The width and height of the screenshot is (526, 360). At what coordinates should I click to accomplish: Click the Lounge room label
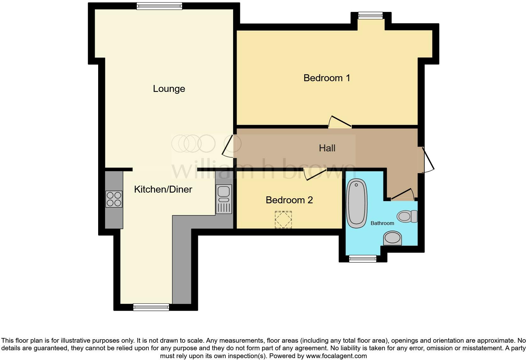(169, 89)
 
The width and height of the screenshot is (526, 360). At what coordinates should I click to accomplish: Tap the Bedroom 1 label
(327, 78)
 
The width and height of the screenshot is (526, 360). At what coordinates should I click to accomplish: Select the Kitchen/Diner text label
(163, 189)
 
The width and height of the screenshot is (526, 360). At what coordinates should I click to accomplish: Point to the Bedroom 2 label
(289, 200)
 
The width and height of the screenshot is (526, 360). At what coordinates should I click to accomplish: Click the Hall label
(327, 148)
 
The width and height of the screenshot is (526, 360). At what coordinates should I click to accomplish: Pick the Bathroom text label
(382, 223)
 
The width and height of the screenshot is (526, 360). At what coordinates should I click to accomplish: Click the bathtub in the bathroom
(357, 203)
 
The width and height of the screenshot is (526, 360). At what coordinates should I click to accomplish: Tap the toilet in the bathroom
(407, 216)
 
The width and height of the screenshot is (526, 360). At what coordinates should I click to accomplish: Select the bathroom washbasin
(393, 238)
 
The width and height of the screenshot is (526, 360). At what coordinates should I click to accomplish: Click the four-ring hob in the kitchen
(114, 199)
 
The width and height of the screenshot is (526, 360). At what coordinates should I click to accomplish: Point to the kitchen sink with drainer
(224, 199)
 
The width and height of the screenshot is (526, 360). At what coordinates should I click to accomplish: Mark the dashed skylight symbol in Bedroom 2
(283, 219)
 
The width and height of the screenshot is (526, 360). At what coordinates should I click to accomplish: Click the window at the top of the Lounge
(159, 6)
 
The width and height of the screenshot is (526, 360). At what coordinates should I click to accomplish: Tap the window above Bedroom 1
(371, 15)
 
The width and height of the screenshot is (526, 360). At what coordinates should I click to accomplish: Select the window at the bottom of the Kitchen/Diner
(151, 307)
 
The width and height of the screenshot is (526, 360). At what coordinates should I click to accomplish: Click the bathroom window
(363, 259)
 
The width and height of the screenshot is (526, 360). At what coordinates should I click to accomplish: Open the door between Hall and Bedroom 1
(340, 123)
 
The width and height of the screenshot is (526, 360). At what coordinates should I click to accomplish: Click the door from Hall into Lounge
(228, 146)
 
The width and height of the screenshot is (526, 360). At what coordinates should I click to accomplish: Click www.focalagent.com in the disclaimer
(336, 356)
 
